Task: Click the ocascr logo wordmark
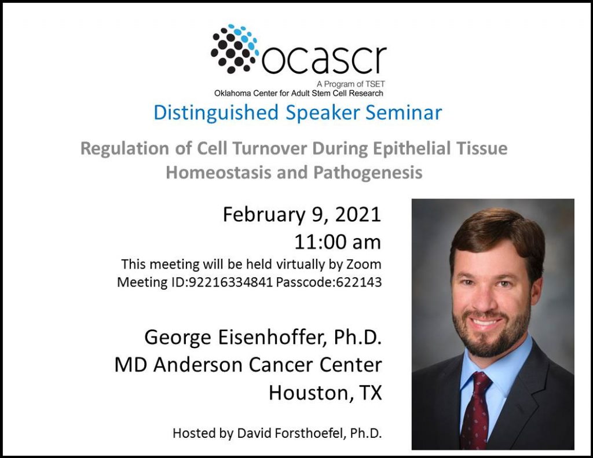(x=324, y=60)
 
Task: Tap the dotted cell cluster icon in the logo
(x=234, y=49)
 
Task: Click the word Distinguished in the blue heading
(x=216, y=113)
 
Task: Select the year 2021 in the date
(x=357, y=214)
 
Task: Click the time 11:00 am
(x=338, y=242)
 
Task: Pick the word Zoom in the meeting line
(x=364, y=264)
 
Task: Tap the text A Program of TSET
(x=350, y=84)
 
